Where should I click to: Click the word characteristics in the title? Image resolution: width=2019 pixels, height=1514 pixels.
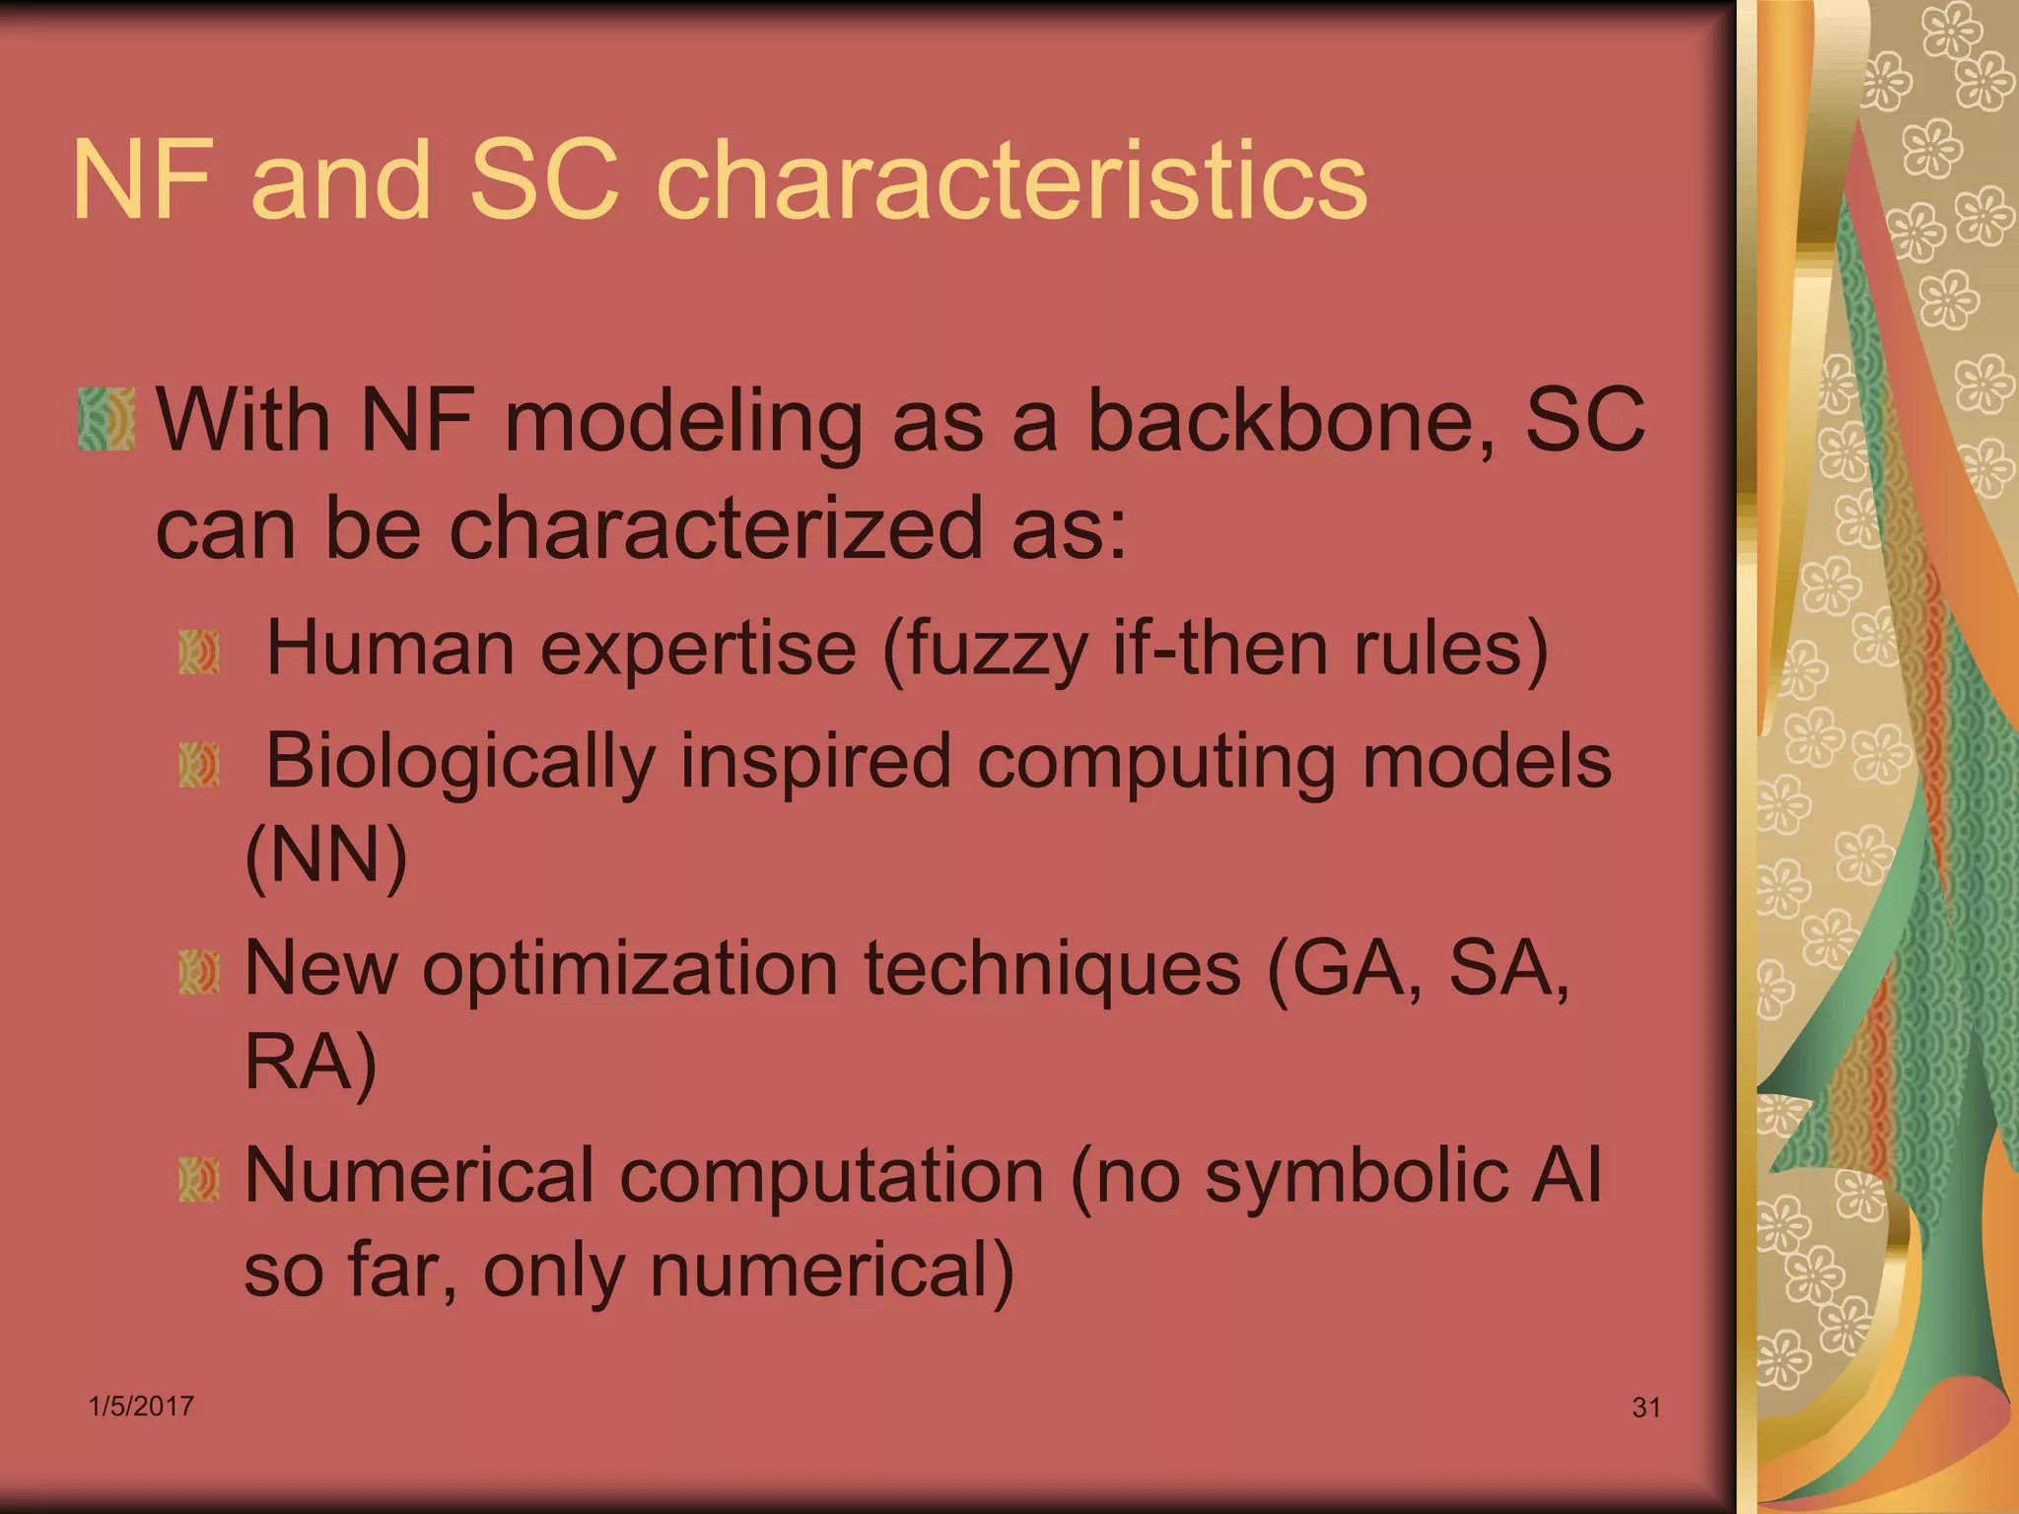click(x=1011, y=180)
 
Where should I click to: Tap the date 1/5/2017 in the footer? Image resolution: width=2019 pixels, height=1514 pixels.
click(x=141, y=1407)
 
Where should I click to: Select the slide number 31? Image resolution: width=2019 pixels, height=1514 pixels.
click(x=1646, y=1408)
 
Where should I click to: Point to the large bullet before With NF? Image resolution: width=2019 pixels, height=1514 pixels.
click(x=106, y=420)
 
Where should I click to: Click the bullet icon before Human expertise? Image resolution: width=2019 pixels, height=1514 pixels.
click(x=199, y=654)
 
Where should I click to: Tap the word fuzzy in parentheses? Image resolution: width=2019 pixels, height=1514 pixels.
click(x=996, y=651)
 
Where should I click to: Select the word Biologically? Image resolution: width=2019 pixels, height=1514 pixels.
click(x=460, y=762)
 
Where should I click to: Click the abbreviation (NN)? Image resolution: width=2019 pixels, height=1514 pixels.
click(x=325, y=855)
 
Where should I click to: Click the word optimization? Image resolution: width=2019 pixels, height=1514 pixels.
click(x=630, y=969)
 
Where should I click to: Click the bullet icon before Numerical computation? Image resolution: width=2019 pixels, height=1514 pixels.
click(x=199, y=1180)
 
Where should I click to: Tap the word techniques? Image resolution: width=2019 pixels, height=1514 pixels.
click(x=1052, y=969)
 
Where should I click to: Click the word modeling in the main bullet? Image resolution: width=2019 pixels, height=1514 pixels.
click(x=683, y=421)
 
